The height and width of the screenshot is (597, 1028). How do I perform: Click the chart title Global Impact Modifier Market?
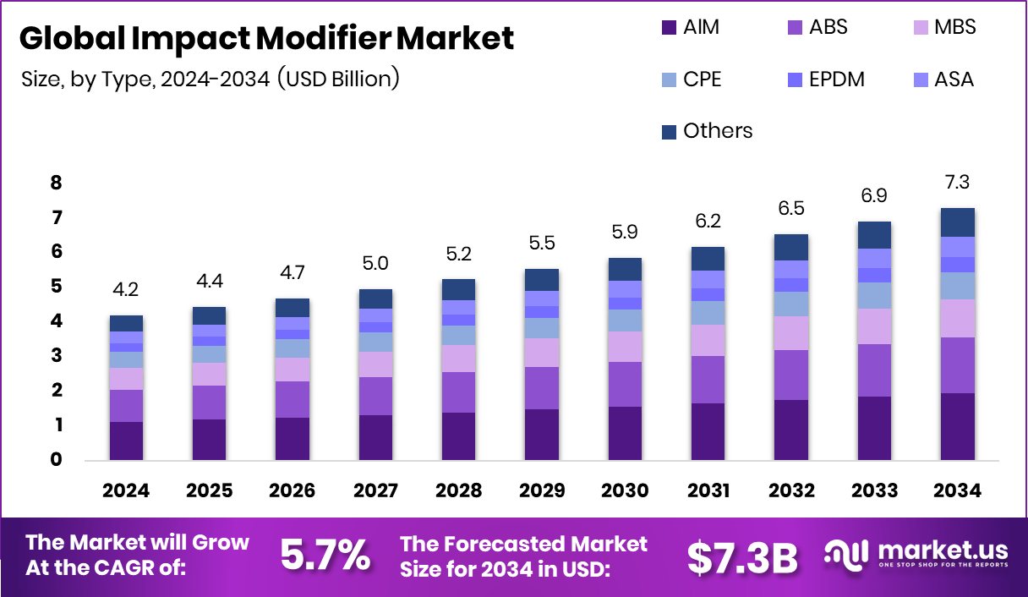click(266, 38)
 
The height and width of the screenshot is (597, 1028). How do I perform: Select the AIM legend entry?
click(690, 27)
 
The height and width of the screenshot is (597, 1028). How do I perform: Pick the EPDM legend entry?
click(825, 80)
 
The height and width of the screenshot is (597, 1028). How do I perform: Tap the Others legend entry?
click(707, 131)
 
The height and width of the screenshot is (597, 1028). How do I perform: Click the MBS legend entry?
click(943, 27)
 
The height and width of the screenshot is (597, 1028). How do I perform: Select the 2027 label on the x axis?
click(375, 491)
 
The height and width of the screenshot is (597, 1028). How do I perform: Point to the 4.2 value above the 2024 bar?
click(126, 290)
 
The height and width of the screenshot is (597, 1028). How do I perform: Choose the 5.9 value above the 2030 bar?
click(625, 231)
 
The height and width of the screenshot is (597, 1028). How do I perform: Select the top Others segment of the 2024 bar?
click(126, 323)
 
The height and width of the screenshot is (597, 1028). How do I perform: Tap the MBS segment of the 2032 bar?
click(791, 333)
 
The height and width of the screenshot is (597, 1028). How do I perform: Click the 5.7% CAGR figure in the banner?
click(325, 556)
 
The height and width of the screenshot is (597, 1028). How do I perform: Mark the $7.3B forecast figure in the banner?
click(742, 556)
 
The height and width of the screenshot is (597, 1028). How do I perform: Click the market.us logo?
click(916, 555)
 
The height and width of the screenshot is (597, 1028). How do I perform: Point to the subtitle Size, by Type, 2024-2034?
click(210, 79)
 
